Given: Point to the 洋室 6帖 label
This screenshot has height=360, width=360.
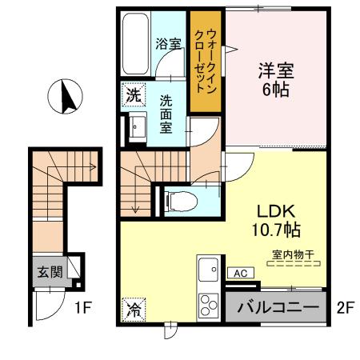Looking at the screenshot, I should point(276,78).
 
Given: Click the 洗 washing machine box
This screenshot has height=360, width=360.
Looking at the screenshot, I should point(133,94).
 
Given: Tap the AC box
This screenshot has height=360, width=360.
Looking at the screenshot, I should point(237,273).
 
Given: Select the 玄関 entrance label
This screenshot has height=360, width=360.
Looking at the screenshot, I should point(48,271).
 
